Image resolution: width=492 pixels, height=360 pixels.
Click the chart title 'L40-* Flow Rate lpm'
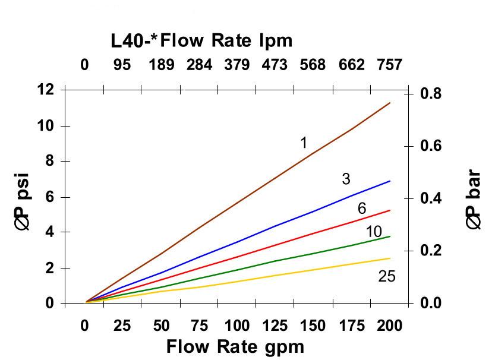(x=201, y=40)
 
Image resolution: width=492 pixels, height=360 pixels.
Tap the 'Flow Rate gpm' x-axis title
(x=235, y=346)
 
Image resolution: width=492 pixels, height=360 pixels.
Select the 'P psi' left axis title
(x=26, y=202)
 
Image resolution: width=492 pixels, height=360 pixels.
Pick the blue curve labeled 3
(x=238, y=241)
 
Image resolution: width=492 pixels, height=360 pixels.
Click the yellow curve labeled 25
(x=238, y=279)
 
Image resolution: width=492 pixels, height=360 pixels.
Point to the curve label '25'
(x=386, y=276)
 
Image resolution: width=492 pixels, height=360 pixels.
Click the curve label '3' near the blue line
(x=346, y=179)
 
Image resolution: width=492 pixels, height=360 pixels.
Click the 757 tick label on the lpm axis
(x=390, y=64)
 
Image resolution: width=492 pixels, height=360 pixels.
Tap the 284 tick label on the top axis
(x=199, y=64)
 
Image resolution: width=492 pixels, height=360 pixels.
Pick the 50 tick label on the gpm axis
(x=161, y=326)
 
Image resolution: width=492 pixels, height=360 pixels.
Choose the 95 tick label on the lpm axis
(x=122, y=64)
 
